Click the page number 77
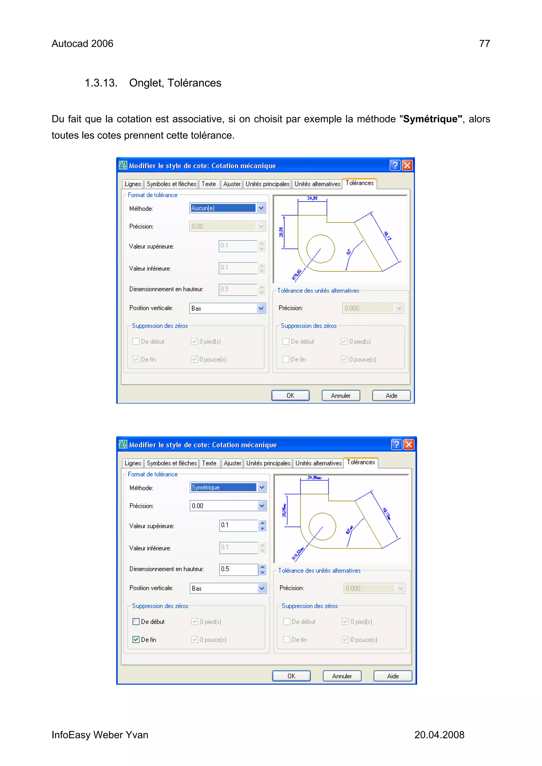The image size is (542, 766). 484,44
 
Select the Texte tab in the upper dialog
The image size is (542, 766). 209,184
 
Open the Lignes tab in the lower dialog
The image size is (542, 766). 133,463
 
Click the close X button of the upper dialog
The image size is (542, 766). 407,166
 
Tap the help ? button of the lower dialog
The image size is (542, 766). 396,444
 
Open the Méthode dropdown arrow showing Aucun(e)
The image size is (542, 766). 261,208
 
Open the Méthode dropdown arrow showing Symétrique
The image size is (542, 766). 262,487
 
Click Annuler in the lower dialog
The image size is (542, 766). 342,676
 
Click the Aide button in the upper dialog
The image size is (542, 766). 391,396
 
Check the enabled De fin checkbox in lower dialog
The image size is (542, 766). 136,640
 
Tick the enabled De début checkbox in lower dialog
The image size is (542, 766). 136,622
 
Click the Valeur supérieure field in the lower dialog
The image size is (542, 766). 238,525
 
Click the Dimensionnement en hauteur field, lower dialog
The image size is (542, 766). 238,569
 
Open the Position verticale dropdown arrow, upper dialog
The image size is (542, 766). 261,308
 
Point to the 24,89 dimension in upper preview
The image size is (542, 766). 312,198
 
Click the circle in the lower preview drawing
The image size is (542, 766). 322,526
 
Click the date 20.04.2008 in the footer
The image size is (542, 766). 439,735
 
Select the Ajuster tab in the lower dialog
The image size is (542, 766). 232,463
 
